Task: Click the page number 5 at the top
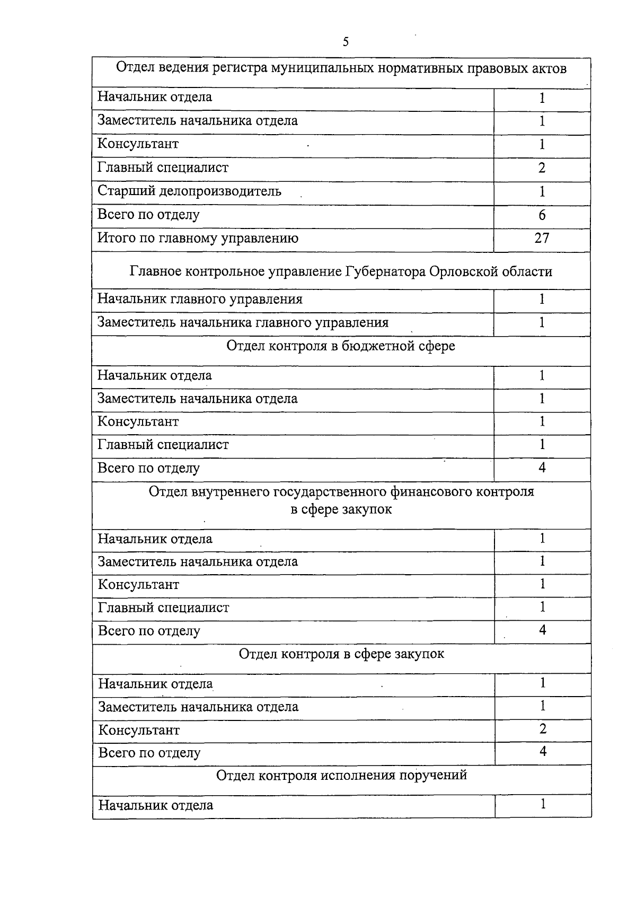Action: click(346, 42)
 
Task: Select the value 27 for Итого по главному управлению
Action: click(542, 238)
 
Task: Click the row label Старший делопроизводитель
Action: click(189, 191)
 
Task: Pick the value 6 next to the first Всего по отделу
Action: click(542, 215)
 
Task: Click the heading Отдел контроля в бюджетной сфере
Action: click(341, 346)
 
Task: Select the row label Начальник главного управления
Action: click(200, 299)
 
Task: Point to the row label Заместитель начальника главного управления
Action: click(243, 323)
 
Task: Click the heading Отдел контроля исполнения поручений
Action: click(341, 776)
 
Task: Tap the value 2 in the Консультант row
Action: click(543, 729)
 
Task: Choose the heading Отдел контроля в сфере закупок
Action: click(341, 654)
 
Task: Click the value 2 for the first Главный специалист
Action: click(542, 168)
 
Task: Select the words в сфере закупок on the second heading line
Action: click(341, 510)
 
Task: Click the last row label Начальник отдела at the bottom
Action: click(156, 806)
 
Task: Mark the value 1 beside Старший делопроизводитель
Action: click(542, 191)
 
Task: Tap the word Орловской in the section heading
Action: click(461, 272)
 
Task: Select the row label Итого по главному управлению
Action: click(198, 238)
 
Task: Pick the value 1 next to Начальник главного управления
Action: click(542, 299)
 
